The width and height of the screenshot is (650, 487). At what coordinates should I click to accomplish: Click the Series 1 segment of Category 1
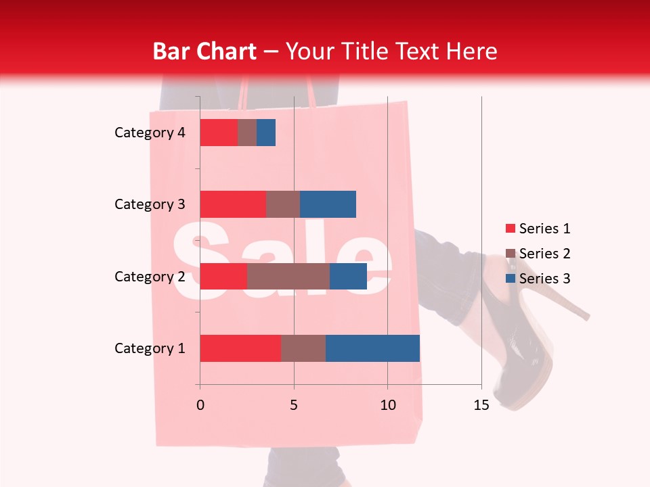click(x=240, y=348)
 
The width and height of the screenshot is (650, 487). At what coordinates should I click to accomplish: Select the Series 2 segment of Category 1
click(x=303, y=348)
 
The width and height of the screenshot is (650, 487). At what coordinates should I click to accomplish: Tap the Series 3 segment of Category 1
click(x=372, y=348)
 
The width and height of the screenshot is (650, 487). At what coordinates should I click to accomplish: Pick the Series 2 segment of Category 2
click(x=288, y=276)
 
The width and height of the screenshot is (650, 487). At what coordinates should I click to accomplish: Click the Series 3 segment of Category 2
click(x=348, y=276)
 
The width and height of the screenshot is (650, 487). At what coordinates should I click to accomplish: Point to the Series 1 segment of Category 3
click(x=233, y=204)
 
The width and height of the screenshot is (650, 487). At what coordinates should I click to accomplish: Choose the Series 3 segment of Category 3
click(x=328, y=204)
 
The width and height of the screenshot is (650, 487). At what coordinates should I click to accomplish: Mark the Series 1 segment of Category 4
click(x=219, y=133)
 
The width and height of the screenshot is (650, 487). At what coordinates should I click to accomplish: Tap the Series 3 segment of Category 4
click(x=266, y=133)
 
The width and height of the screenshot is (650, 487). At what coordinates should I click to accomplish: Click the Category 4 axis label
click(x=150, y=133)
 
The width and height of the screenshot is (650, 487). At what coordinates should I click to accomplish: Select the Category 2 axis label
click(x=150, y=276)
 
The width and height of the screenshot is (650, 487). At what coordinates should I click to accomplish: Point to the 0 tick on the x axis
click(x=200, y=405)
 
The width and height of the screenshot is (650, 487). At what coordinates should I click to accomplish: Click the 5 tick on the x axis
click(x=294, y=405)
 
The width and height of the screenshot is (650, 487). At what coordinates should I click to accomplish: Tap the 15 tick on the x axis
click(x=481, y=405)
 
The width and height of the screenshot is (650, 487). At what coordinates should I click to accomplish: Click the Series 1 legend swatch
click(x=510, y=229)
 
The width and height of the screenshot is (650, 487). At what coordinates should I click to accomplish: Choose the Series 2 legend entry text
click(x=545, y=254)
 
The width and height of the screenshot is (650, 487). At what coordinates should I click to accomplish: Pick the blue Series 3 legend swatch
click(x=510, y=279)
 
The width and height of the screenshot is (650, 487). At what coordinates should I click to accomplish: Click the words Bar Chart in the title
click(x=204, y=51)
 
